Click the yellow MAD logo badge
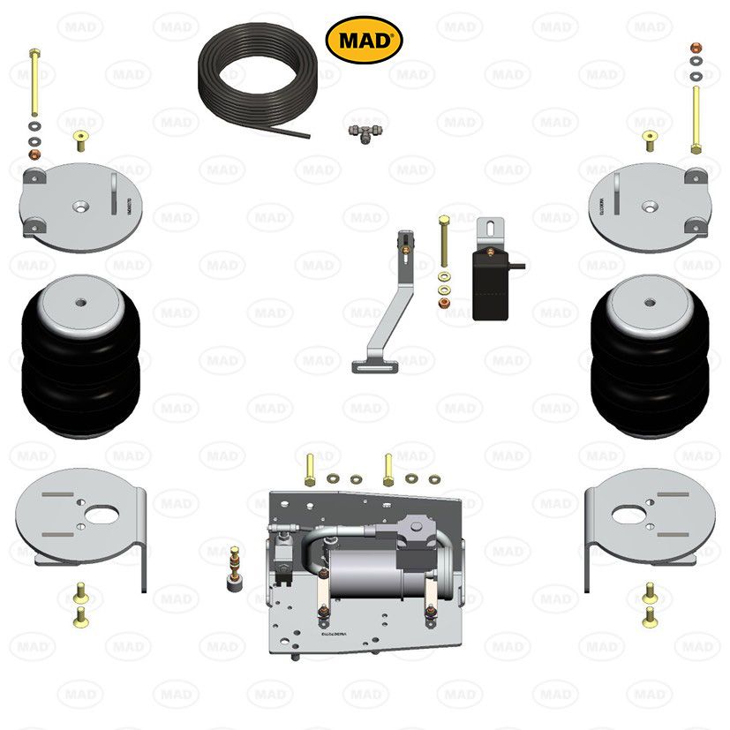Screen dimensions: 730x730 365,40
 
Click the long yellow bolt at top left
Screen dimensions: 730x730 34,84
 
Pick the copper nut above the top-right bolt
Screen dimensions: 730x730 696,45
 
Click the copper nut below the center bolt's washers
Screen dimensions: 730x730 442,305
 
